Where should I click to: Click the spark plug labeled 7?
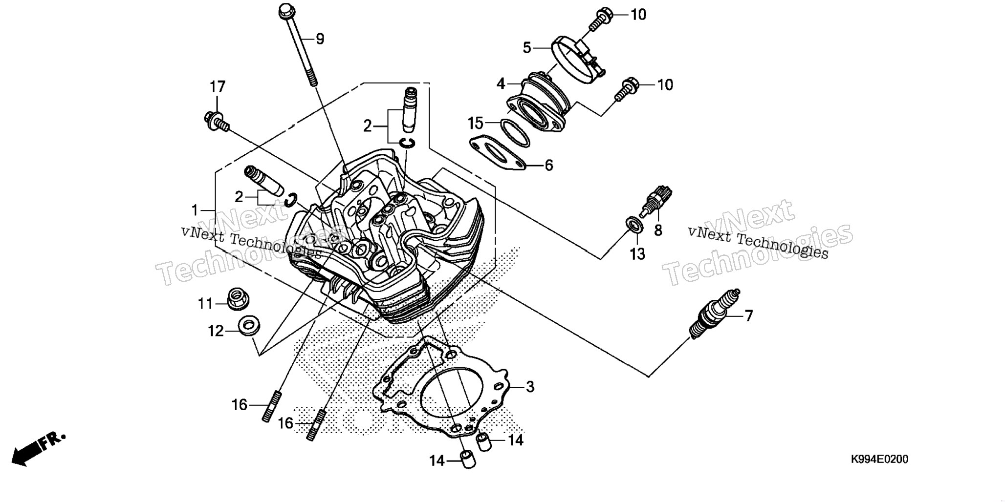pos(715,314)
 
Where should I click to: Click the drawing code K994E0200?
pos(879,460)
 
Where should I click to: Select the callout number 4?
pos(501,84)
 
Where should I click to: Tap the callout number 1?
pos(195,210)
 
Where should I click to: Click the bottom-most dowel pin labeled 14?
pos(468,460)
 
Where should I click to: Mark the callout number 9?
pos(320,39)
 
